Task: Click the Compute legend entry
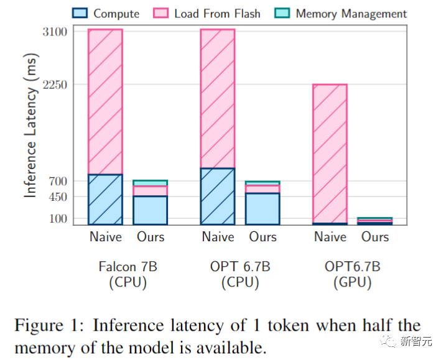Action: (x=106, y=13)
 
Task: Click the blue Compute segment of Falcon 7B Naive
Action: (x=105, y=199)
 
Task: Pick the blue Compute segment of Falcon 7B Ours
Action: (x=151, y=210)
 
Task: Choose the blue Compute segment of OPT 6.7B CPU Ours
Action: (x=262, y=209)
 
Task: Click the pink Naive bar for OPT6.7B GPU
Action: (x=330, y=153)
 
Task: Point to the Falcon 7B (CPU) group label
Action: (x=128, y=274)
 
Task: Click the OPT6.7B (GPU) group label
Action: (x=352, y=274)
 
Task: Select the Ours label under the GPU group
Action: (x=375, y=237)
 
